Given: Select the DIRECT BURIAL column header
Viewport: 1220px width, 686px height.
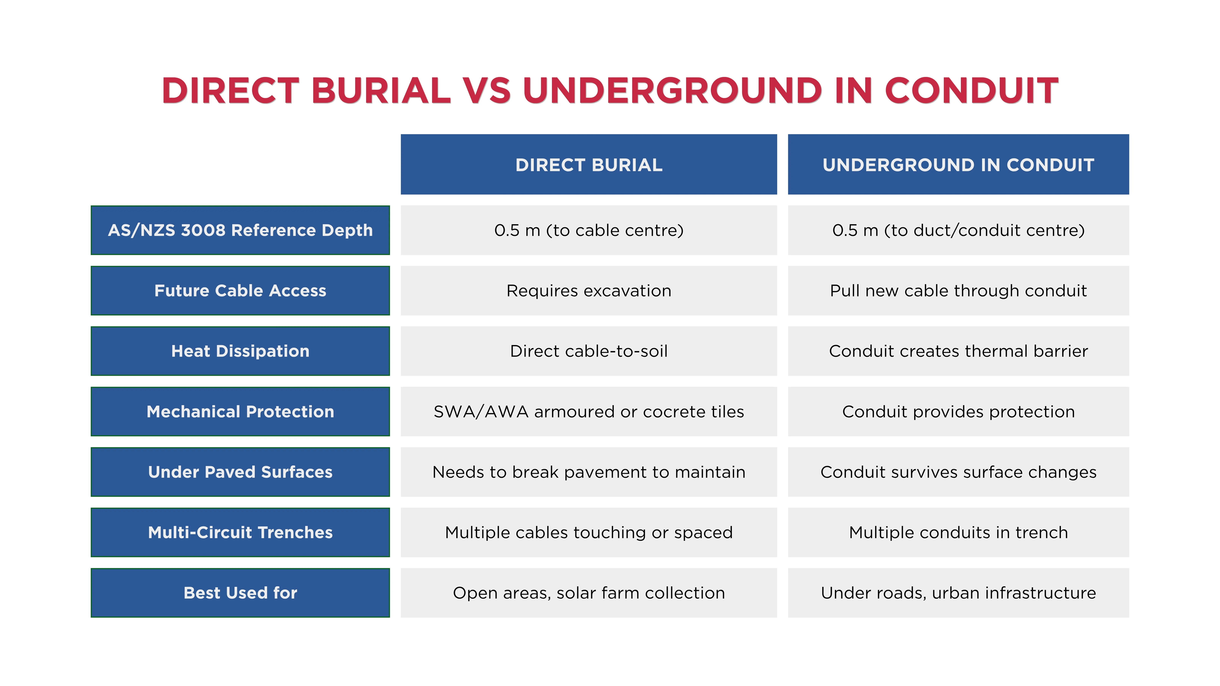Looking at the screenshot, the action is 589,164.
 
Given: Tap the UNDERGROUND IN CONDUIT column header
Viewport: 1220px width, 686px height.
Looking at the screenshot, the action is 958,164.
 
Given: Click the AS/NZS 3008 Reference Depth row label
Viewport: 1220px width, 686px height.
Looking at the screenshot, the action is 240,230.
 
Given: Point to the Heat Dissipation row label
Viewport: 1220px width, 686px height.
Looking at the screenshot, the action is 240,351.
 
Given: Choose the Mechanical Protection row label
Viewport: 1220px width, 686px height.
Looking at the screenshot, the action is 240,411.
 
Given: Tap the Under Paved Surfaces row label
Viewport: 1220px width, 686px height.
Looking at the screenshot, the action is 240,472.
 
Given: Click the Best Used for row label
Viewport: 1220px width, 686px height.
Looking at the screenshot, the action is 240,593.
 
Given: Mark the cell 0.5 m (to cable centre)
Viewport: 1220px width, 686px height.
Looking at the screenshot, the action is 589,230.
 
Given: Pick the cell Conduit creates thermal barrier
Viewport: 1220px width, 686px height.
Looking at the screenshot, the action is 958,351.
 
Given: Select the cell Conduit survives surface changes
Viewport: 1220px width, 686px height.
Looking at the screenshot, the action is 958,472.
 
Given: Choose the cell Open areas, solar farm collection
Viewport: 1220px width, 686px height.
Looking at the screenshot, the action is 589,593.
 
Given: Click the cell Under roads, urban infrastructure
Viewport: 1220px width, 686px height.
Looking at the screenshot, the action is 958,593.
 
